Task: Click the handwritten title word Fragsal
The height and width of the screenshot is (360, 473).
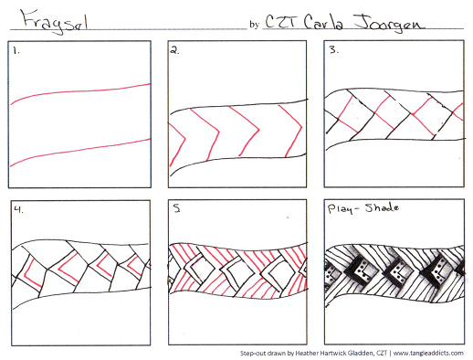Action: click(54, 21)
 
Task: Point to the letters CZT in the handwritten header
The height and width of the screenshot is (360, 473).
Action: click(280, 21)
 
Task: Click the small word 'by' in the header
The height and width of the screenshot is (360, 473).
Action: click(254, 25)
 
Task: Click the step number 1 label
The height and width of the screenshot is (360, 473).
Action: click(16, 51)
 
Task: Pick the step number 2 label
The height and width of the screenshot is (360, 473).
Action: click(174, 50)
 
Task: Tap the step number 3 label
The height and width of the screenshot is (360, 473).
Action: click(334, 50)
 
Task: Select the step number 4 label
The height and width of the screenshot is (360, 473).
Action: click(19, 209)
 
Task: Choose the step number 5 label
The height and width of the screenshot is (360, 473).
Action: click(177, 208)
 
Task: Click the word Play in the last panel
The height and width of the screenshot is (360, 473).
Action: click(339, 209)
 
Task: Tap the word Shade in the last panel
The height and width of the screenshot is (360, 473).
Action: click(382, 208)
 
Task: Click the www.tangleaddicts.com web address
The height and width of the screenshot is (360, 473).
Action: click(428, 354)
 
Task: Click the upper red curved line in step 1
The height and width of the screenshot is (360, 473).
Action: click(79, 90)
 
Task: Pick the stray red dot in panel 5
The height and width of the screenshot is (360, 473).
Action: click(288, 217)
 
